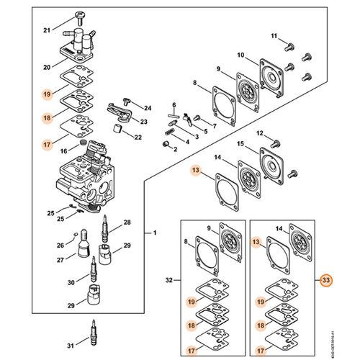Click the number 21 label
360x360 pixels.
(47, 30)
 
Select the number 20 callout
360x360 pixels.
(47, 67)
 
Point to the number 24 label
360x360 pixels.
(148, 108)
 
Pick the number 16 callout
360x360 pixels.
(64, 150)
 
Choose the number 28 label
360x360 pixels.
(127, 223)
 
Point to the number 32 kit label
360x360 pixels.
(170, 278)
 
